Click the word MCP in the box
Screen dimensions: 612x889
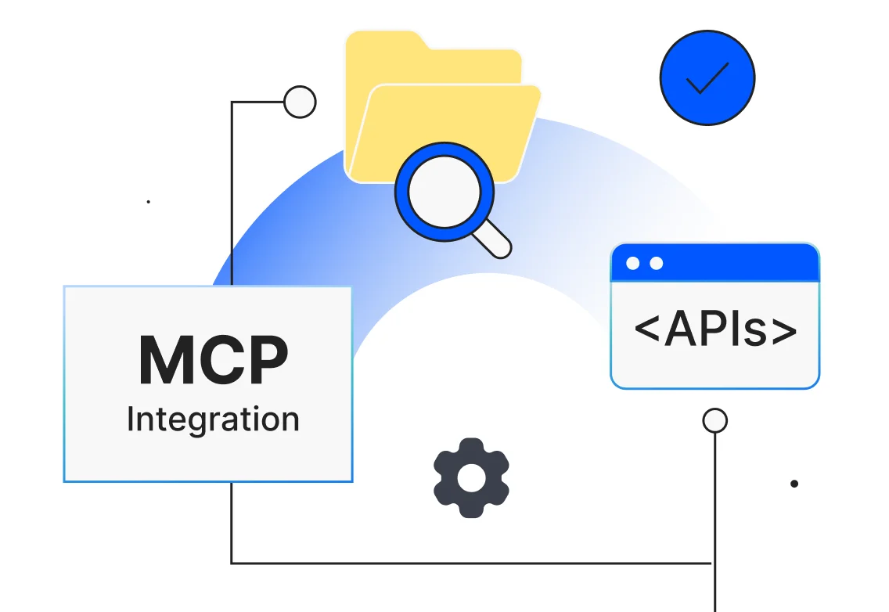[x=213, y=360]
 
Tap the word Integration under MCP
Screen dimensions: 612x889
[x=213, y=419]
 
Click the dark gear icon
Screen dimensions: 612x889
[x=471, y=477]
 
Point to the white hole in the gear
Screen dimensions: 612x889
[x=471, y=477]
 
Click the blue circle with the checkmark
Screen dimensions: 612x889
[x=707, y=77]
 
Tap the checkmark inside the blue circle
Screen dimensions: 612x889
[x=707, y=77]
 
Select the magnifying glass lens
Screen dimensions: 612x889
[x=444, y=192]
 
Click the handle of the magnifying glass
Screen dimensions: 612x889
[x=493, y=239]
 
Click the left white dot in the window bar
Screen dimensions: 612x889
[x=632, y=263]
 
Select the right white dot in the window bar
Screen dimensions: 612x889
[x=656, y=263]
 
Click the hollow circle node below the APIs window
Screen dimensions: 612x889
[x=714, y=420]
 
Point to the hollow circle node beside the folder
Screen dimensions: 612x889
[x=299, y=102]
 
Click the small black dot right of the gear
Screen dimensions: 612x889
[x=794, y=484]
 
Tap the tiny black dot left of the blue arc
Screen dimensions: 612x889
[x=148, y=202]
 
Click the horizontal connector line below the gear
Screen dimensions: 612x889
[x=470, y=563]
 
